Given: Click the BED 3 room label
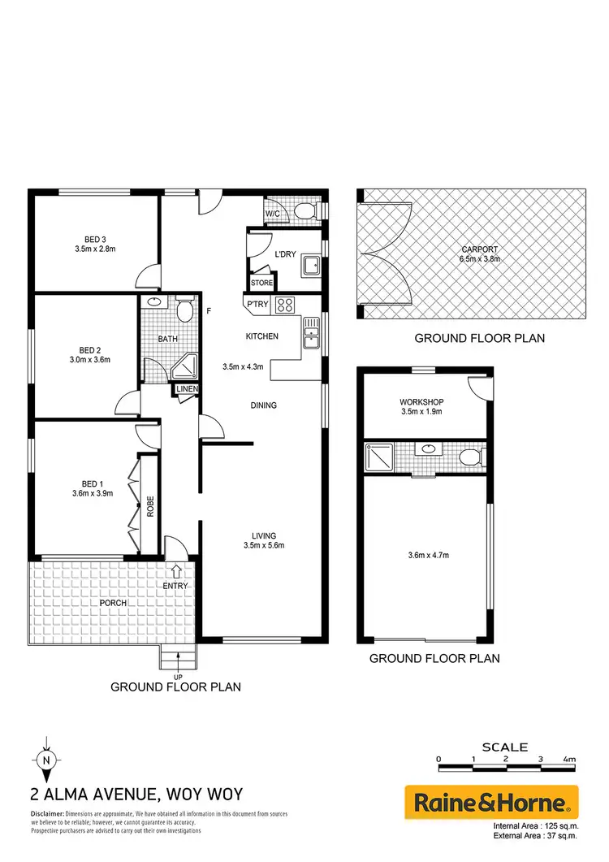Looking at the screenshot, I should [x=95, y=239].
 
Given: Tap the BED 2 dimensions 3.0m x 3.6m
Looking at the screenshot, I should [x=89, y=358].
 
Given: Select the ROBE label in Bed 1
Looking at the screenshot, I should [x=150, y=507].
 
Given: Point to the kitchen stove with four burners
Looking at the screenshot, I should [x=286, y=305].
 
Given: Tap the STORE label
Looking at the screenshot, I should [x=261, y=283].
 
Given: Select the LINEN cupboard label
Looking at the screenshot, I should [x=188, y=390].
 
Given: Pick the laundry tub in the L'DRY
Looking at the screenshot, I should [x=309, y=265].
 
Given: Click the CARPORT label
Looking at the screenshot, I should [x=480, y=249].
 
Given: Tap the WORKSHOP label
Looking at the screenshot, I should [x=420, y=401].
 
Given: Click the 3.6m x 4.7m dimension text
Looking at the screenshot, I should [x=426, y=555].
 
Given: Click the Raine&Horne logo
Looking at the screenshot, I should [x=491, y=804].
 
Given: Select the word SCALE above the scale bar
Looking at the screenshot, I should [x=504, y=747].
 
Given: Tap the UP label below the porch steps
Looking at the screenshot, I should [x=176, y=676].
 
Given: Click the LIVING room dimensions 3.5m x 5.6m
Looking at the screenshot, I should [x=263, y=545].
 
